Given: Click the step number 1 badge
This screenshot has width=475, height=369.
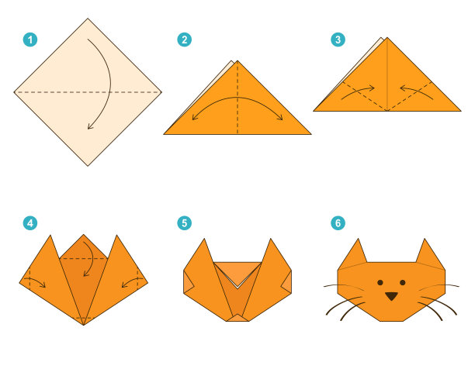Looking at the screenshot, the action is pos(30,40).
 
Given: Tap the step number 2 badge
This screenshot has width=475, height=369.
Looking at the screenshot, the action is pos(184,40).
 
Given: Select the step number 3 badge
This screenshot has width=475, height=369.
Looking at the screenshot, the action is pos(338,40).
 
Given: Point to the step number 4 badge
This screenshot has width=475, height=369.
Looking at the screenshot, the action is pos(30,223).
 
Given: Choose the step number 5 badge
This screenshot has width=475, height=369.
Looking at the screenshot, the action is pos(184,223).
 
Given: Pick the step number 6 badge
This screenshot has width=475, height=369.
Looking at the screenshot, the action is pos(338,223).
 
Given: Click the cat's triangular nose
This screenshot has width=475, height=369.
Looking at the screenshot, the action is pos(391,296).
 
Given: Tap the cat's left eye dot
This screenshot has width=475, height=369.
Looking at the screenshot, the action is pos(380,282).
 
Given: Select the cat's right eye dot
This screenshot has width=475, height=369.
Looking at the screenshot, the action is pos(403,282).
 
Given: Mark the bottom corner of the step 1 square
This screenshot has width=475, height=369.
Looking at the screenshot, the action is pos(88,166).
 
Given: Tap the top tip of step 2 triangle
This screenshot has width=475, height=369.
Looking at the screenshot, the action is pos(237,60).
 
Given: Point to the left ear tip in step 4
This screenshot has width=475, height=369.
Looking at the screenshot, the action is pos(50,235).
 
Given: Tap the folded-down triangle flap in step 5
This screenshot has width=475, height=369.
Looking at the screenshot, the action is pos(237,272).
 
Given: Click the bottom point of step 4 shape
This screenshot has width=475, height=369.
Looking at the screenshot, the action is pos(84,325).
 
